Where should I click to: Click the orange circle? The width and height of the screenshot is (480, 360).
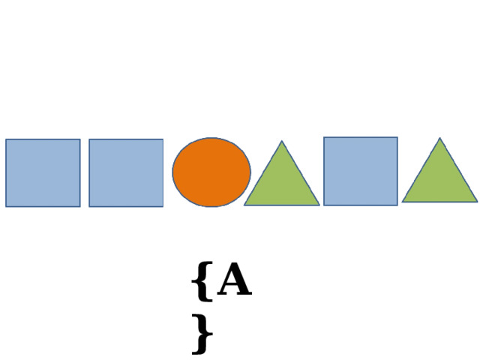click(211, 172)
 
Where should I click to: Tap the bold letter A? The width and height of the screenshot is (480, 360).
click(235, 279)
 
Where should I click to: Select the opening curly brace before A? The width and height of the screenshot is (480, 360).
click(202, 282)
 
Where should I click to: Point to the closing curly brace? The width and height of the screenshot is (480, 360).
click(202, 334)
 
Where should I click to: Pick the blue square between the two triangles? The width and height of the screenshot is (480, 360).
click(361, 171)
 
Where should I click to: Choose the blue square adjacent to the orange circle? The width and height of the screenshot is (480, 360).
click(126, 173)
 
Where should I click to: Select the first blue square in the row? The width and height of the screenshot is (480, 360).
click(43, 173)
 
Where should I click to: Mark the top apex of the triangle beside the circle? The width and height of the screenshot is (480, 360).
click(282, 141)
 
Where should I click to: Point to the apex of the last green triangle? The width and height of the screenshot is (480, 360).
click(440, 138)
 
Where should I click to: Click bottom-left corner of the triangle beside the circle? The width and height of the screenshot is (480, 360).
click(244, 205)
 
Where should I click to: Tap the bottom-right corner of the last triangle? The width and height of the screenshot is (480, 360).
click(477, 202)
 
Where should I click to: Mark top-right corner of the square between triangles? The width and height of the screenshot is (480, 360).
click(397, 137)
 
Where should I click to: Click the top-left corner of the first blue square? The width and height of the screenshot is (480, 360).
click(6, 139)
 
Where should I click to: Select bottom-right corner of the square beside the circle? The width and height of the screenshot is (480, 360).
click(163, 207)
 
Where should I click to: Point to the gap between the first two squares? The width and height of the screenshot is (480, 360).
click(85, 173)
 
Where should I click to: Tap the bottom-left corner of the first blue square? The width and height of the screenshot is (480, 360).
click(6, 207)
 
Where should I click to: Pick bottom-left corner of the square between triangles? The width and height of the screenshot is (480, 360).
click(324, 205)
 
